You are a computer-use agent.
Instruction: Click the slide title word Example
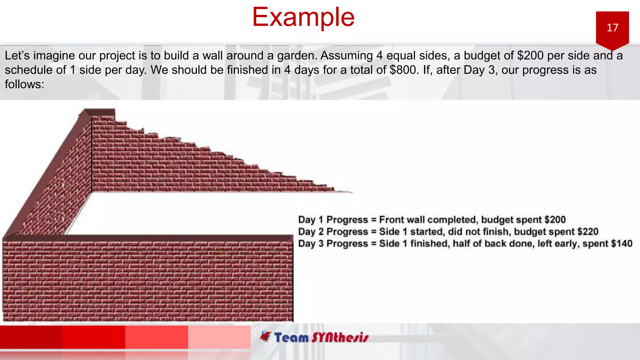pyautogui.click(x=303, y=17)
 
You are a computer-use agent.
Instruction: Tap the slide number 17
pyautogui.click(x=612, y=28)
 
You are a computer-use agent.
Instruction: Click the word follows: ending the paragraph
pyautogui.click(x=24, y=84)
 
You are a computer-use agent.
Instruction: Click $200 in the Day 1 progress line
pyautogui.click(x=555, y=220)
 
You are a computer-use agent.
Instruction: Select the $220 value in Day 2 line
pyautogui.click(x=587, y=232)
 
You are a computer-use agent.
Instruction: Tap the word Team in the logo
pyautogui.click(x=291, y=338)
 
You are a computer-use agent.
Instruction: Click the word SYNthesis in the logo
pyautogui.click(x=340, y=338)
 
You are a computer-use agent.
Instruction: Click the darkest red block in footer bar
pyautogui.click(x=31, y=337)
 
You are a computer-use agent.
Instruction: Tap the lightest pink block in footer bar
pyautogui.click(x=219, y=337)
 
